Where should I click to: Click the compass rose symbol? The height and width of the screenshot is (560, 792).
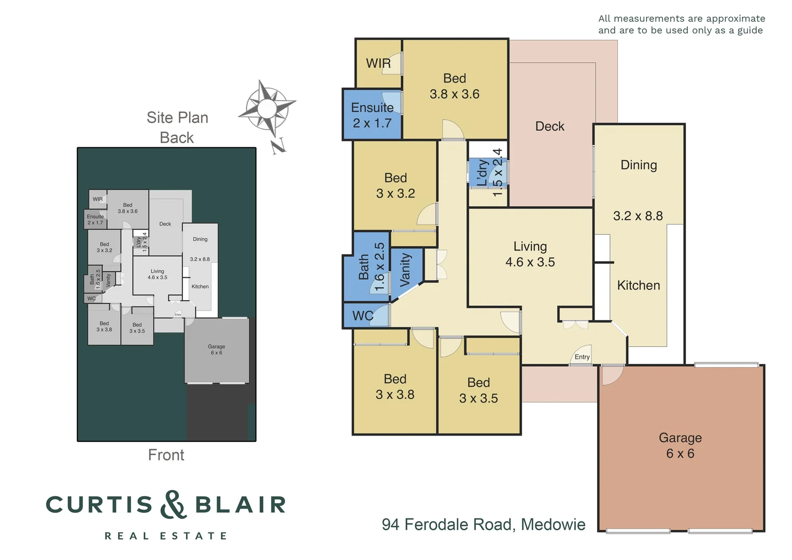pos(267,109)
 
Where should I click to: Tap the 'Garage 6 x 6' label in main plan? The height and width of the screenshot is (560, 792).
pos(680,445)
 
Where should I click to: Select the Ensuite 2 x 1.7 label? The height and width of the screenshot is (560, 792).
pos(372,115)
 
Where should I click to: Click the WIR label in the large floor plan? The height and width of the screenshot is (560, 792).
pos(378,63)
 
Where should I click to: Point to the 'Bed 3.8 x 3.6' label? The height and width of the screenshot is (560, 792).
pos(455,86)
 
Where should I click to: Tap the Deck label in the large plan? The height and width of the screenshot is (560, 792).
pos(549,126)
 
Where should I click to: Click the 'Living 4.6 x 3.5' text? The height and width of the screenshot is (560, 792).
pos(530,254)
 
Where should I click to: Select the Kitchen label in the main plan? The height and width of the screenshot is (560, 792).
pos(639,285)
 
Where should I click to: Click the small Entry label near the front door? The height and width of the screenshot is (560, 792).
pos(582,357)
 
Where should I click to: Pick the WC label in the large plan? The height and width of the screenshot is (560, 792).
pos(363,316)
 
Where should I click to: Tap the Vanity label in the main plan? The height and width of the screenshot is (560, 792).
pos(406,270)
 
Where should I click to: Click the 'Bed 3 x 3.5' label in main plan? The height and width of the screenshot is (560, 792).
pos(478,390)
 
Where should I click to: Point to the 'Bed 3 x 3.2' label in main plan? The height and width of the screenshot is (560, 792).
pos(395,186)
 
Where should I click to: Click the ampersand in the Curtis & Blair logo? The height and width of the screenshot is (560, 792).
pos(173,505)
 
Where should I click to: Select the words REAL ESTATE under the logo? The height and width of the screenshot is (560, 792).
pos(166,536)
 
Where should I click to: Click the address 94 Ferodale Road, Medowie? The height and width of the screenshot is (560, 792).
pos(483,524)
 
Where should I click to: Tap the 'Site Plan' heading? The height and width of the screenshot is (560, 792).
pos(177,118)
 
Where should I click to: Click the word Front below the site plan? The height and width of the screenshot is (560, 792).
pos(166,455)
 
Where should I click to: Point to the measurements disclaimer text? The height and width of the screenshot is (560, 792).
pos(681,24)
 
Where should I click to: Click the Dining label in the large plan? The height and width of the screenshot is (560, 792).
pos(639,165)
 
